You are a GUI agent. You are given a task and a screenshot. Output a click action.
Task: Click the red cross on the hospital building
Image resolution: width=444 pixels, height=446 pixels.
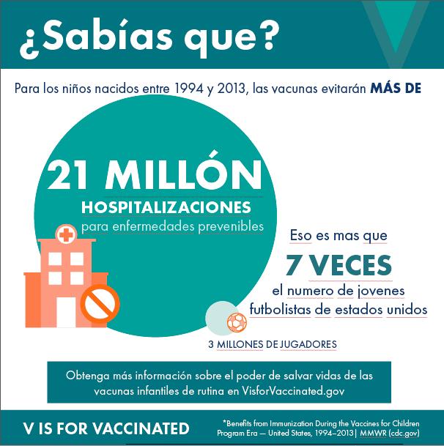67,235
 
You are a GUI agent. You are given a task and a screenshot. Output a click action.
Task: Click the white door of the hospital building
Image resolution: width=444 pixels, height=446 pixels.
66,311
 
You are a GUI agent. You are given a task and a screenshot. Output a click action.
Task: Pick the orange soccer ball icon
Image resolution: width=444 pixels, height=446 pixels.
237,322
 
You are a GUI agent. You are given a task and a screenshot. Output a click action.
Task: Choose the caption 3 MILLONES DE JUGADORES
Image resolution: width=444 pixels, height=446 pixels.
273,343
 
